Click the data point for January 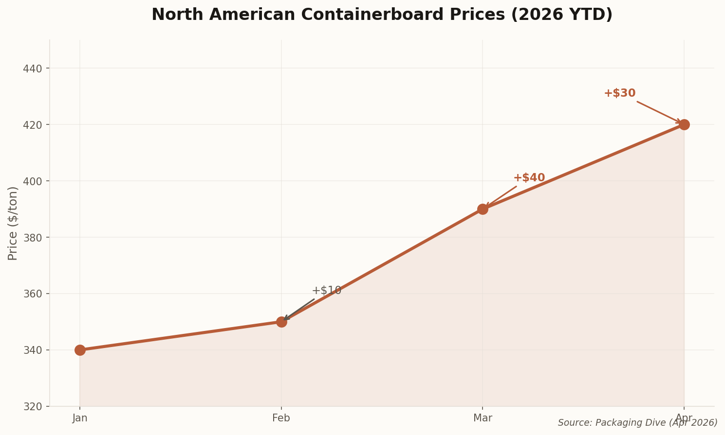80,350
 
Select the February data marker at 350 281,322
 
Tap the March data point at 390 483,209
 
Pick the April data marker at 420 684,124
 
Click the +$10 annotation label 326,291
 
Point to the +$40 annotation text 529,178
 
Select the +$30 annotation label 619,93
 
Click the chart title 382,15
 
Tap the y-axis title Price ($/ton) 13,223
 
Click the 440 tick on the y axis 33,68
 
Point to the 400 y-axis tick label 33,181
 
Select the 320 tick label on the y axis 33,406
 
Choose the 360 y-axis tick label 33,294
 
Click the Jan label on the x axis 80,418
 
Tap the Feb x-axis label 281,418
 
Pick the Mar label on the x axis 483,418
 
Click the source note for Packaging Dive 637,423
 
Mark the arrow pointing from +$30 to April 658,112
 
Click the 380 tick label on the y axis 33,237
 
